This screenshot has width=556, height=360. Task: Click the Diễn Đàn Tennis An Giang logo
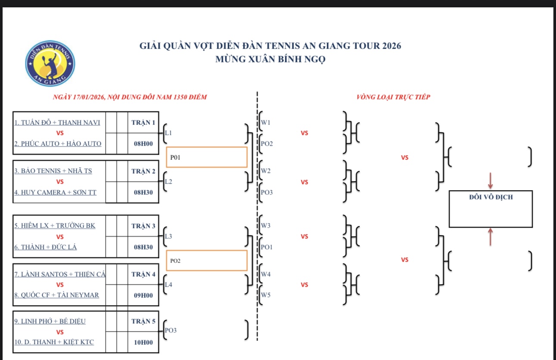50,63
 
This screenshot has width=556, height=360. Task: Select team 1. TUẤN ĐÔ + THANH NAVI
57,122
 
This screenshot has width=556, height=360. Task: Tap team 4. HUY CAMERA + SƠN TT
56,192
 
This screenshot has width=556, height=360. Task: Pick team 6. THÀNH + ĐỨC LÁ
46,247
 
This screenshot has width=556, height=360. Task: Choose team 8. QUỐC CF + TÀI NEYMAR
57,295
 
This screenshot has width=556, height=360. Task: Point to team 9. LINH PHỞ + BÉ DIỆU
50,321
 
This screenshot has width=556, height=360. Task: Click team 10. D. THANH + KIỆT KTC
54,342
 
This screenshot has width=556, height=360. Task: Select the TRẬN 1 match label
143,122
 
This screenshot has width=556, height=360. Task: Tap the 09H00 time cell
143,295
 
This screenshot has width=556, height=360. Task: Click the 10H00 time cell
143,342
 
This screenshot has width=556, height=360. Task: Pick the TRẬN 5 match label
143,321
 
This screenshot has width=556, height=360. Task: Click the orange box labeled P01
206,157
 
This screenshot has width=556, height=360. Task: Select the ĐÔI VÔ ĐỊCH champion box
490,209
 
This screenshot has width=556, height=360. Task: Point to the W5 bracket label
266,295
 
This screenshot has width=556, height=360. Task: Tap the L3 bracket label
168,237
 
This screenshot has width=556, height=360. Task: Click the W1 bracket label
266,122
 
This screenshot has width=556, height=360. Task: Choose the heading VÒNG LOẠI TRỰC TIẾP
393,97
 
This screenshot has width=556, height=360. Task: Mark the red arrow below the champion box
490,238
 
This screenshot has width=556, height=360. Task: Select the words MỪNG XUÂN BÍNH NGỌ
270,59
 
